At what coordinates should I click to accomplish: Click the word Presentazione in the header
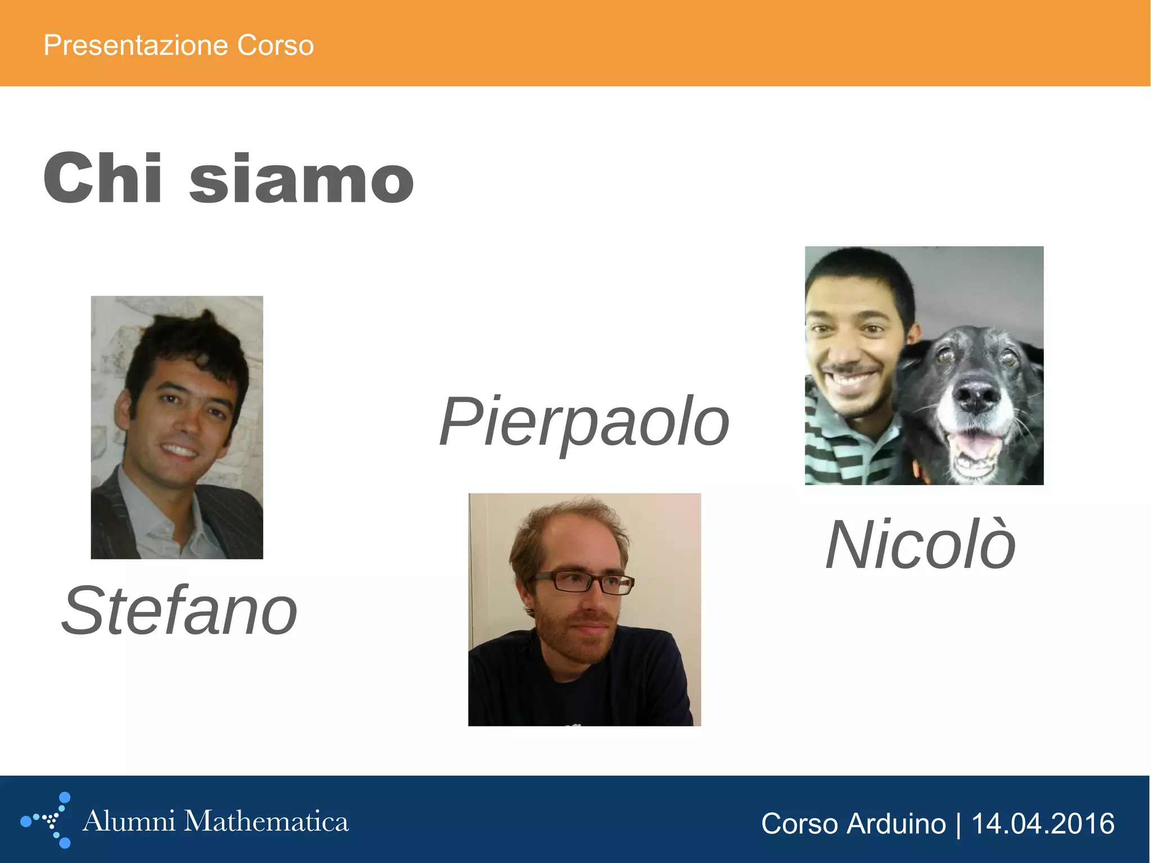pos(135,45)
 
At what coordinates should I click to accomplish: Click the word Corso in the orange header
pos(275,45)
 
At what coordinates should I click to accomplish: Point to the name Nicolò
pos(921,545)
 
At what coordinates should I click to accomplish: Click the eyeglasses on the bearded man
pos(584,582)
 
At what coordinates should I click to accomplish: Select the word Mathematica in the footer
pos(266,821)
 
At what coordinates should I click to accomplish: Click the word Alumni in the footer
pos(129,821)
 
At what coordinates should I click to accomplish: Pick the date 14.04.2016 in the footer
pos(1043,824)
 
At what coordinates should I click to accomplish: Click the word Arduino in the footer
pos(896,824)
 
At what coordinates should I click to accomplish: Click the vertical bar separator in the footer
pos(958,824)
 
